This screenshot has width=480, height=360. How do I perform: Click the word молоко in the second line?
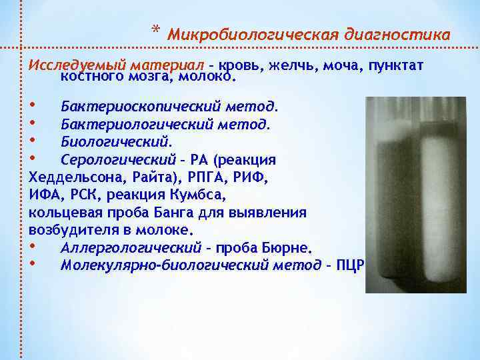tap(207, 77)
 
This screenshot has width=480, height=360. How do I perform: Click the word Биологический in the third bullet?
tap(115, 142)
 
